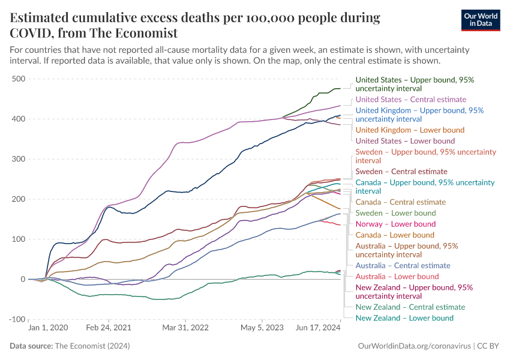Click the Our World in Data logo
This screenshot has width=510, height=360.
(481, 19)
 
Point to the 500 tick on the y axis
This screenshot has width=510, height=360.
(18, 79)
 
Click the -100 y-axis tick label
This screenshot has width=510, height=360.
(16, 319)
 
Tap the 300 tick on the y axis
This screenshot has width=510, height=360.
(18, 159)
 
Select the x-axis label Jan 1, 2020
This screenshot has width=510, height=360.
(48, 329)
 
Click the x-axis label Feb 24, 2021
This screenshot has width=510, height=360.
(109, 329)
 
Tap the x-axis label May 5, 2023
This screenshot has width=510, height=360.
(262, 329)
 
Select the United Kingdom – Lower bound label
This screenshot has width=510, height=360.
(410, 130)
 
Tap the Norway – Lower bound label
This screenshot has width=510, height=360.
(395, 224)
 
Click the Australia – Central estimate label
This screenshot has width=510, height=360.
(403, 265)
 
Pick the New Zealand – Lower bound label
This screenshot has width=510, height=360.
(404, 318)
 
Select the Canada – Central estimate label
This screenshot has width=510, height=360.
(401, 202)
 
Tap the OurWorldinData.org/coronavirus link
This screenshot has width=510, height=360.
(413, 346)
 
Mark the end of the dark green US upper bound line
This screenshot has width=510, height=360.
(340, 88)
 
